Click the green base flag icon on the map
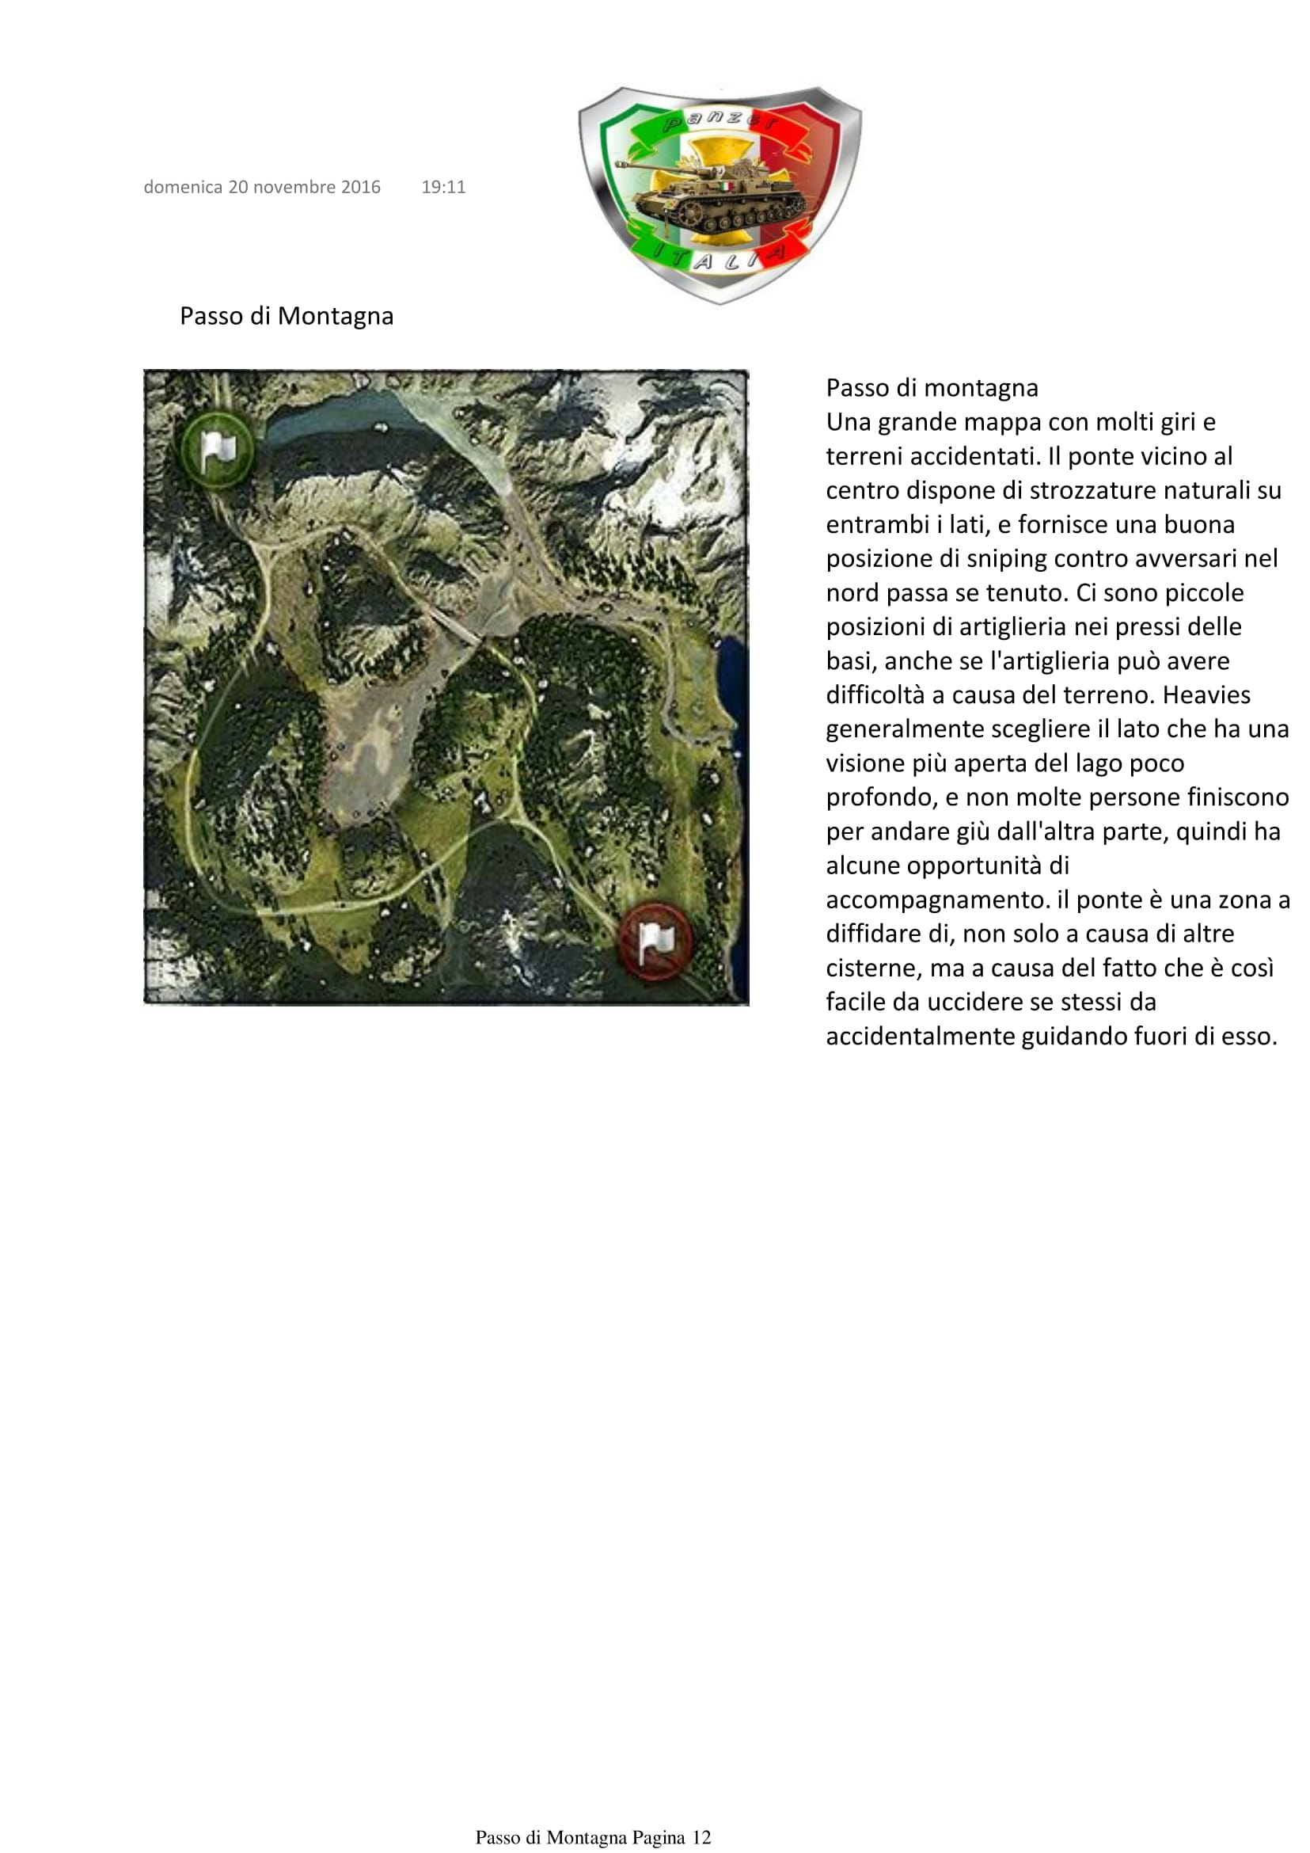point(216,450)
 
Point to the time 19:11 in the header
point(443,187)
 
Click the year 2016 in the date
point(361,187)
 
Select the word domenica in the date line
point(183,187)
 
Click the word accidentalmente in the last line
point(921,1037)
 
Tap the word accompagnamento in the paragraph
point(937,900)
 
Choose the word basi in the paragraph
point(849,661)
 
